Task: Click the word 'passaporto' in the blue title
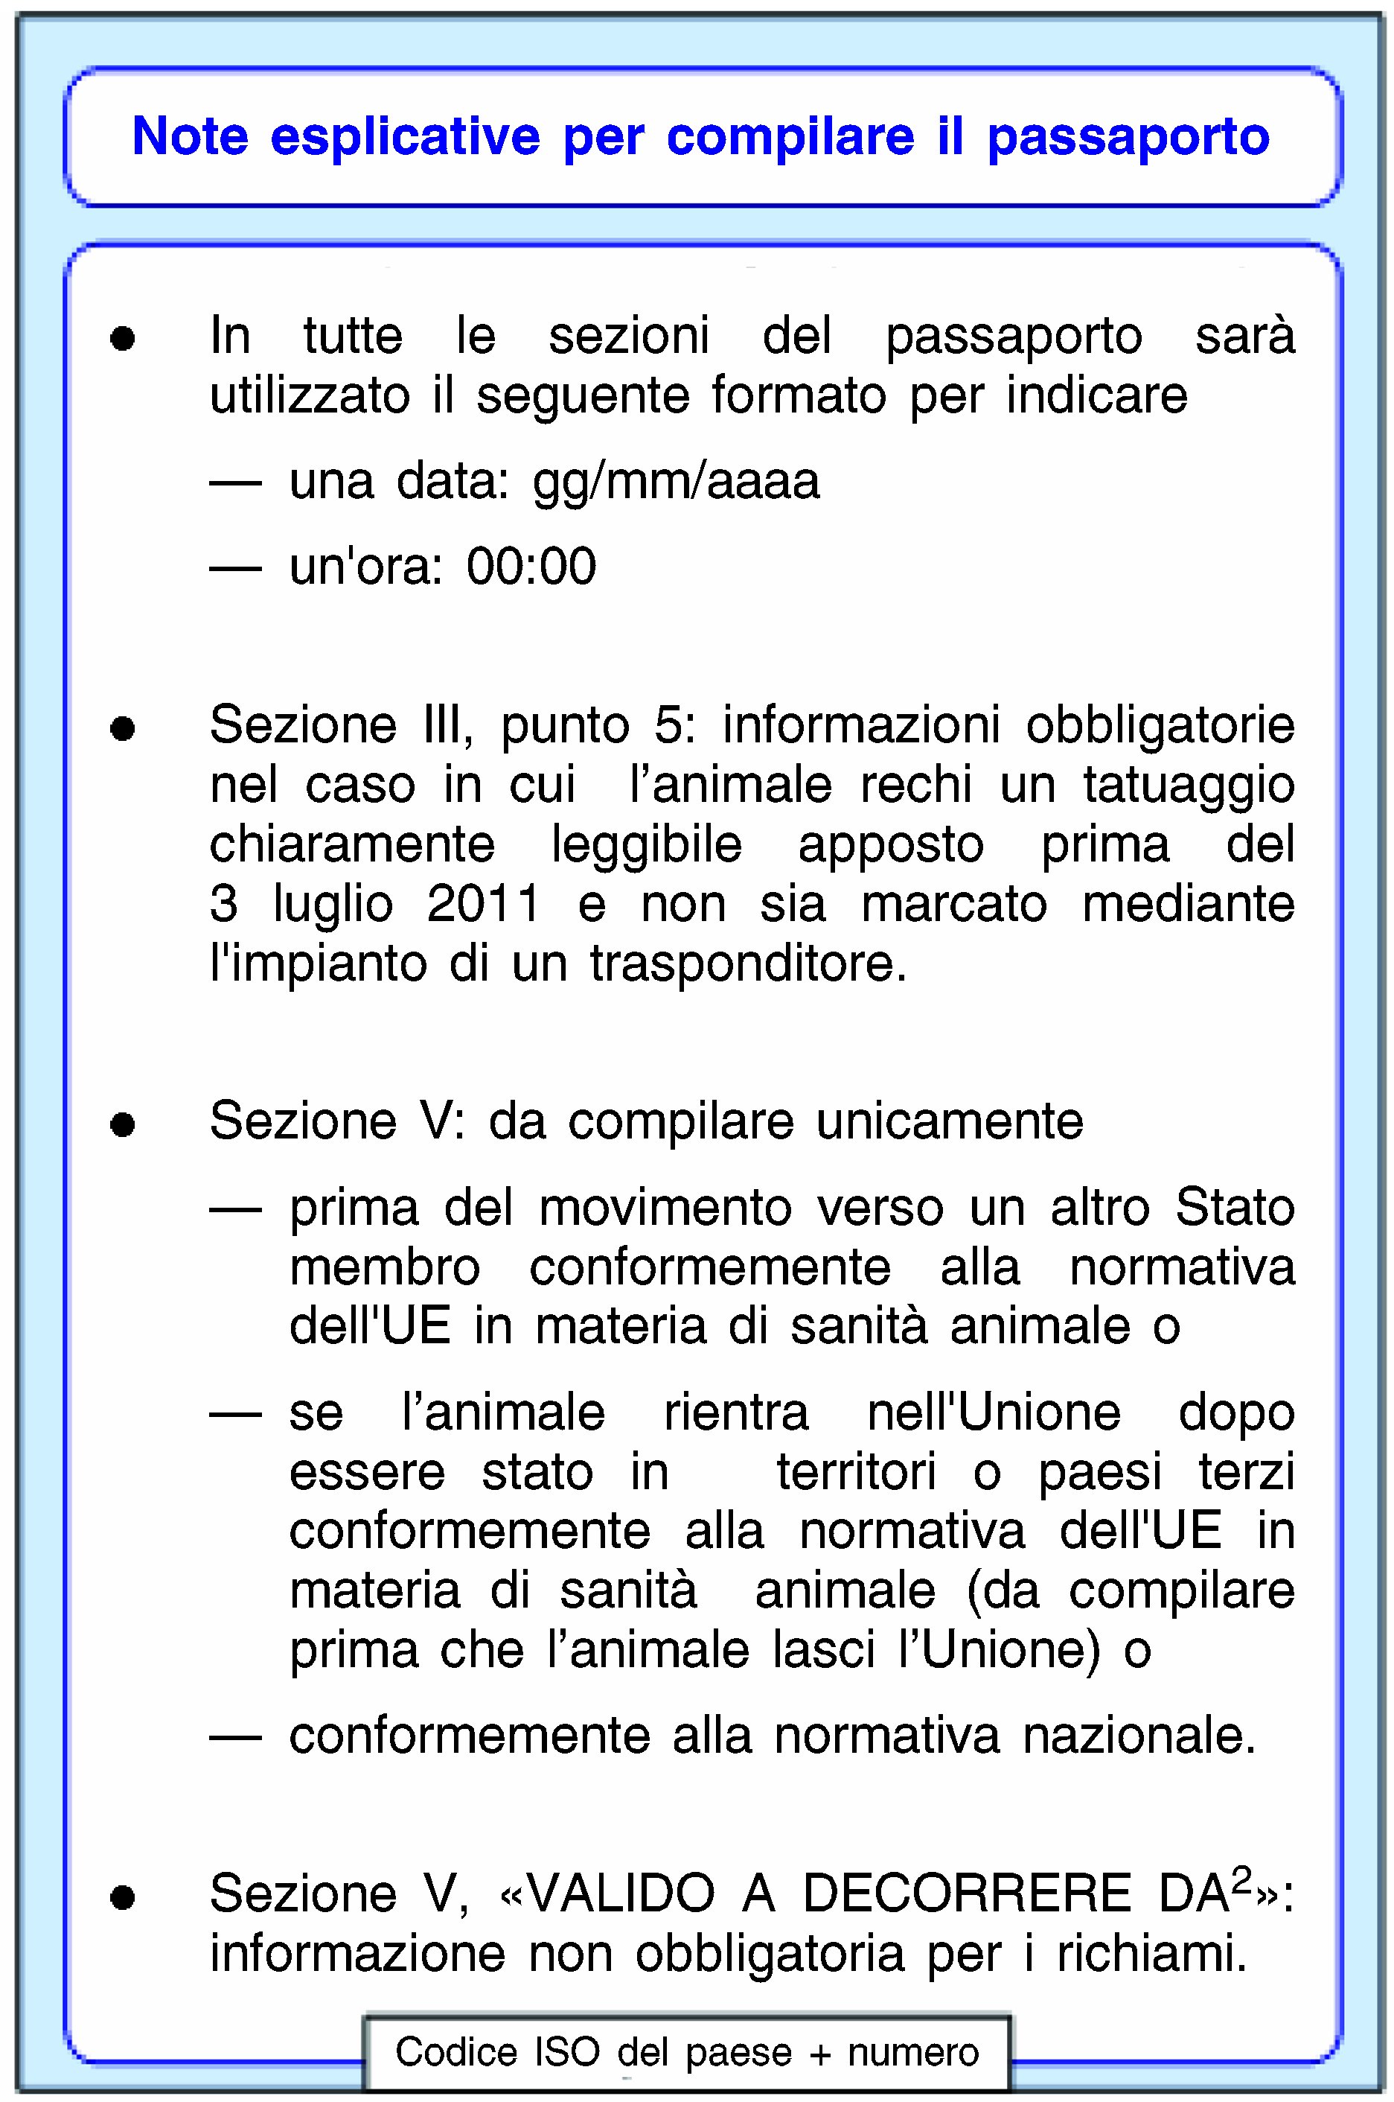pos(1128,138)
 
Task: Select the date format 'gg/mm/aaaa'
pos(676,482)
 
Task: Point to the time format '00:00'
pos(531,567)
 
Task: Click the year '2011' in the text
pos(484,904)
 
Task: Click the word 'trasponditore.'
pos(749,964)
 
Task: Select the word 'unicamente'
pos(950,1121)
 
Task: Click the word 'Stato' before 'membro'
pos(1235,1208)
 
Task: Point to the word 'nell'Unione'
pos(993,1413)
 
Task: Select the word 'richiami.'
pos(1152,1954)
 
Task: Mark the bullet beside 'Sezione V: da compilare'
pos(123,1126)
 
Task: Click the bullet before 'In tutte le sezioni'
pos(123,339)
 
